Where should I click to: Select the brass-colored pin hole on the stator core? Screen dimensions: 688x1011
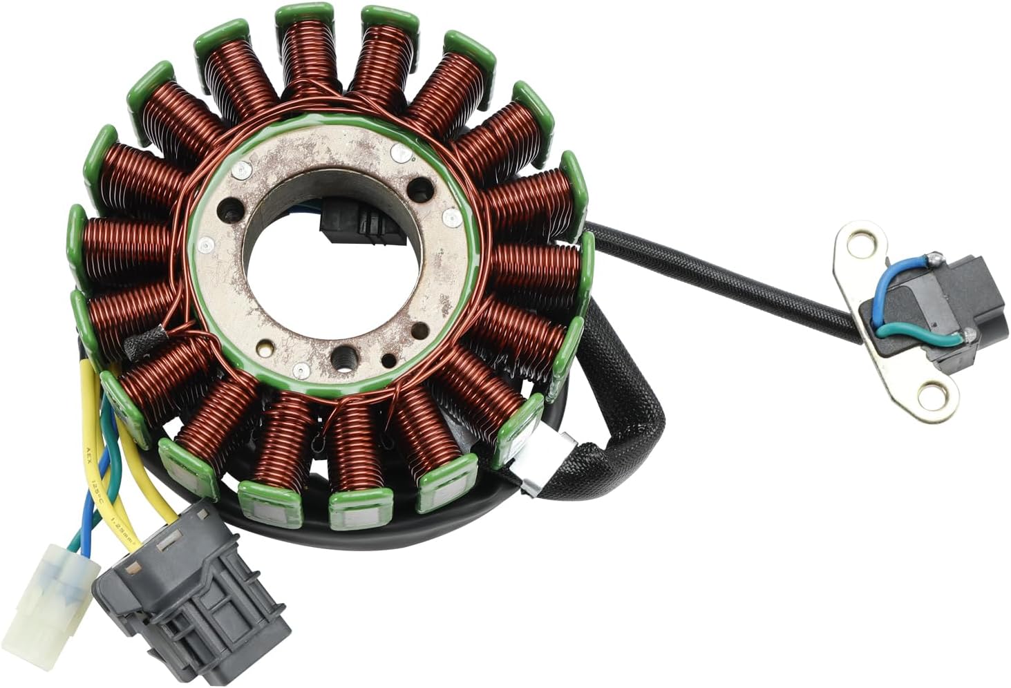click(x=391, y=360)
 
